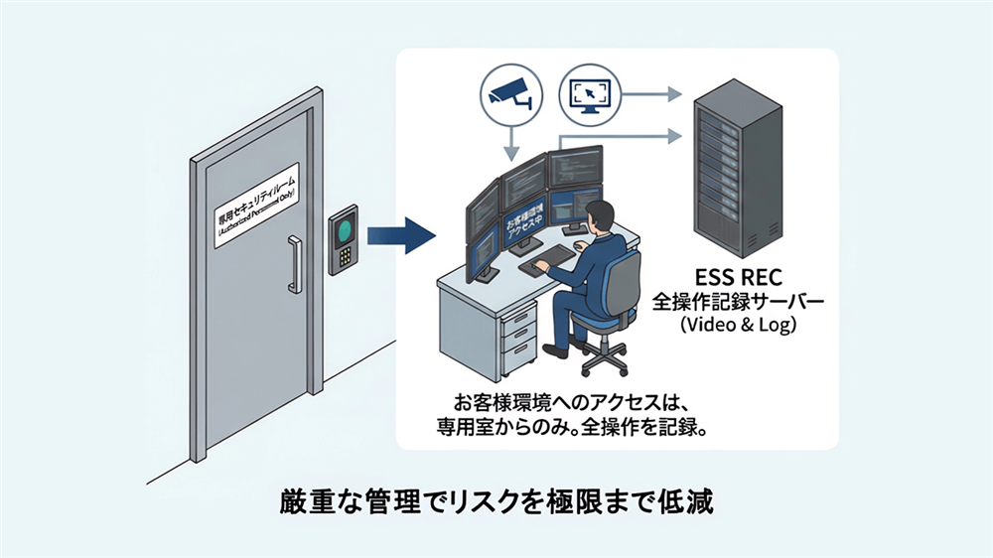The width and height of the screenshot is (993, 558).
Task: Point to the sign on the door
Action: point(257,206)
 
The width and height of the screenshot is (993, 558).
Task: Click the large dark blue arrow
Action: point(401,237)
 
